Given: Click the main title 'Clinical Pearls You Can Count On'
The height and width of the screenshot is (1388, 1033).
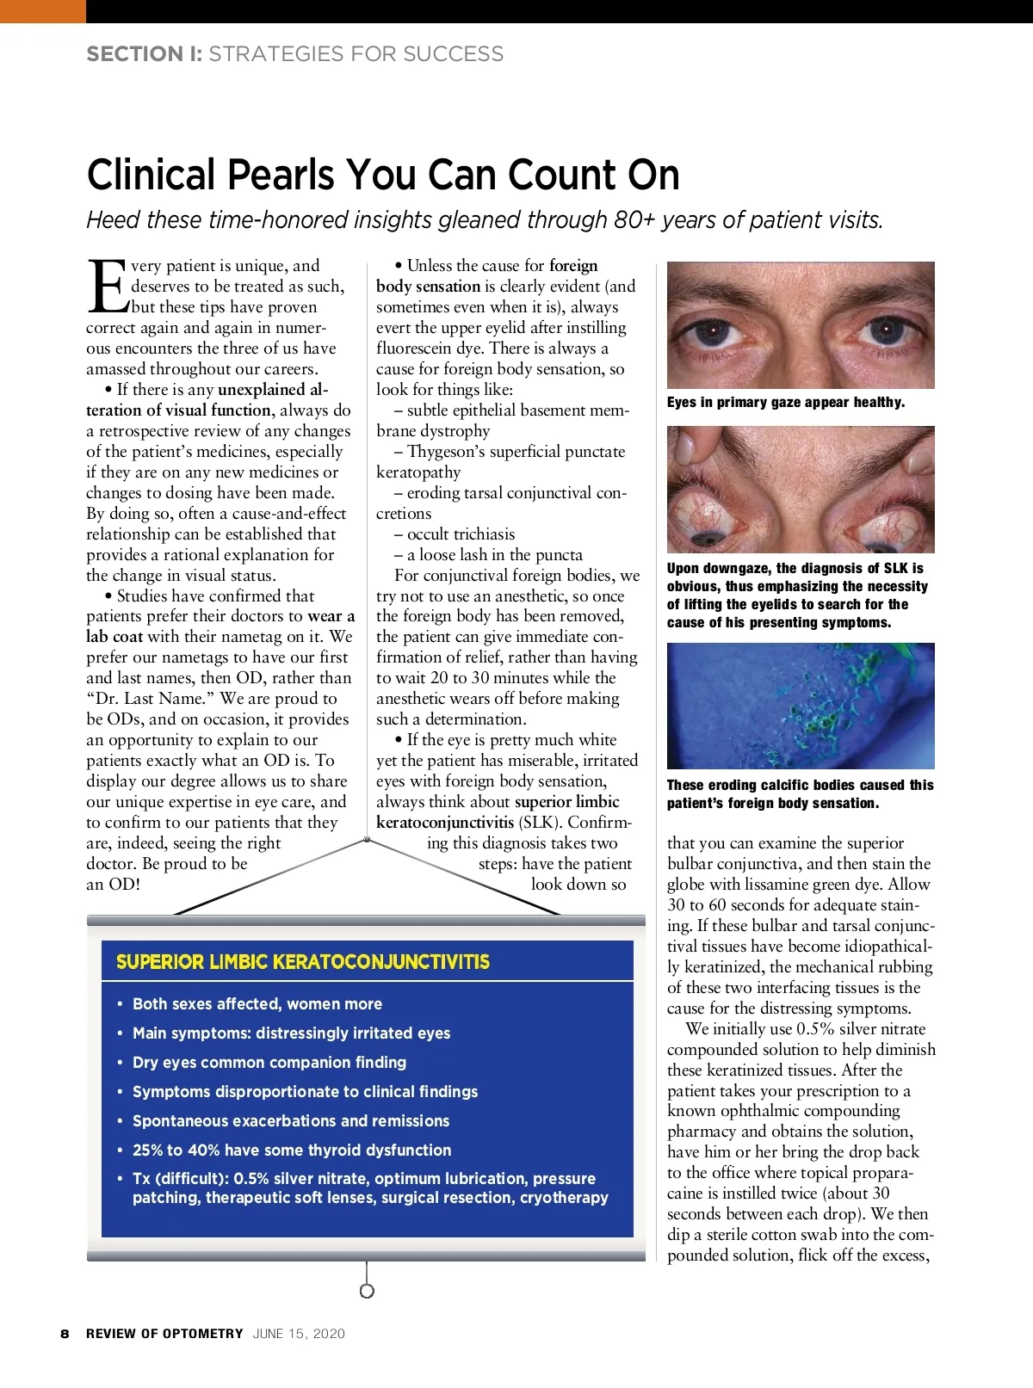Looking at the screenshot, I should [x=383, y=175].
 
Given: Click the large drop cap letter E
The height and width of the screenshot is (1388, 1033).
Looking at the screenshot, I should [x=107, y=287].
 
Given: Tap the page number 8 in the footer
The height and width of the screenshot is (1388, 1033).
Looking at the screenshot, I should [x=65, y=1334].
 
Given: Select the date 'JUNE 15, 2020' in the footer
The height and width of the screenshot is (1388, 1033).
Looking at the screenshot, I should [x=299, y=1334].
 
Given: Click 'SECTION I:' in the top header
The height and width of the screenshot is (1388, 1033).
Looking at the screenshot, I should [x=144, y=54].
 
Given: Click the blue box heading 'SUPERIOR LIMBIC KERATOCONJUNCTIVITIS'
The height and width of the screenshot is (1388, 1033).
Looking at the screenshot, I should [x=303, y=962].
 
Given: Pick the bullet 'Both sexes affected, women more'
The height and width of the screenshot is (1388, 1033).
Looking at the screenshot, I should [x=257, y=1004].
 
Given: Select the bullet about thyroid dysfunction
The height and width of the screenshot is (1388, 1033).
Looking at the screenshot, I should [x=291, y=1150].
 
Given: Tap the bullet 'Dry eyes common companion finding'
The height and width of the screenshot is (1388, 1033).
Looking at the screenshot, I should [x=269, y=1063].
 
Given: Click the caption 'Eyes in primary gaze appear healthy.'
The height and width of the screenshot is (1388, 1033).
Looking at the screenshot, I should [x=785, y=403].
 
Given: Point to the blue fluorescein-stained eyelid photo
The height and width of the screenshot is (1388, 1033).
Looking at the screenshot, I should [x=800, y=706].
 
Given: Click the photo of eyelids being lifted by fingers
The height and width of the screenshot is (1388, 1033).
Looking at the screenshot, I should [x=800, y=490].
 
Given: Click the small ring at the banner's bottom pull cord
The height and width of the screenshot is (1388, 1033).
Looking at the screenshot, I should [x=367, y=1291].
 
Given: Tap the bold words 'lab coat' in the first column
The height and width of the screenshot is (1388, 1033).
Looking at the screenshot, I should [x=114, y=637].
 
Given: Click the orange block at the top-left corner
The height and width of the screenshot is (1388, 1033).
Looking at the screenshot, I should [x=42, y=11].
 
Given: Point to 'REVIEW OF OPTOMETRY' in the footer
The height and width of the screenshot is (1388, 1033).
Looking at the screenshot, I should [x=164, y=1334].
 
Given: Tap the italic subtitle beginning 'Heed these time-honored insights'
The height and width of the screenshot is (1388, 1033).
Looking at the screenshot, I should [x=485, y=220].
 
